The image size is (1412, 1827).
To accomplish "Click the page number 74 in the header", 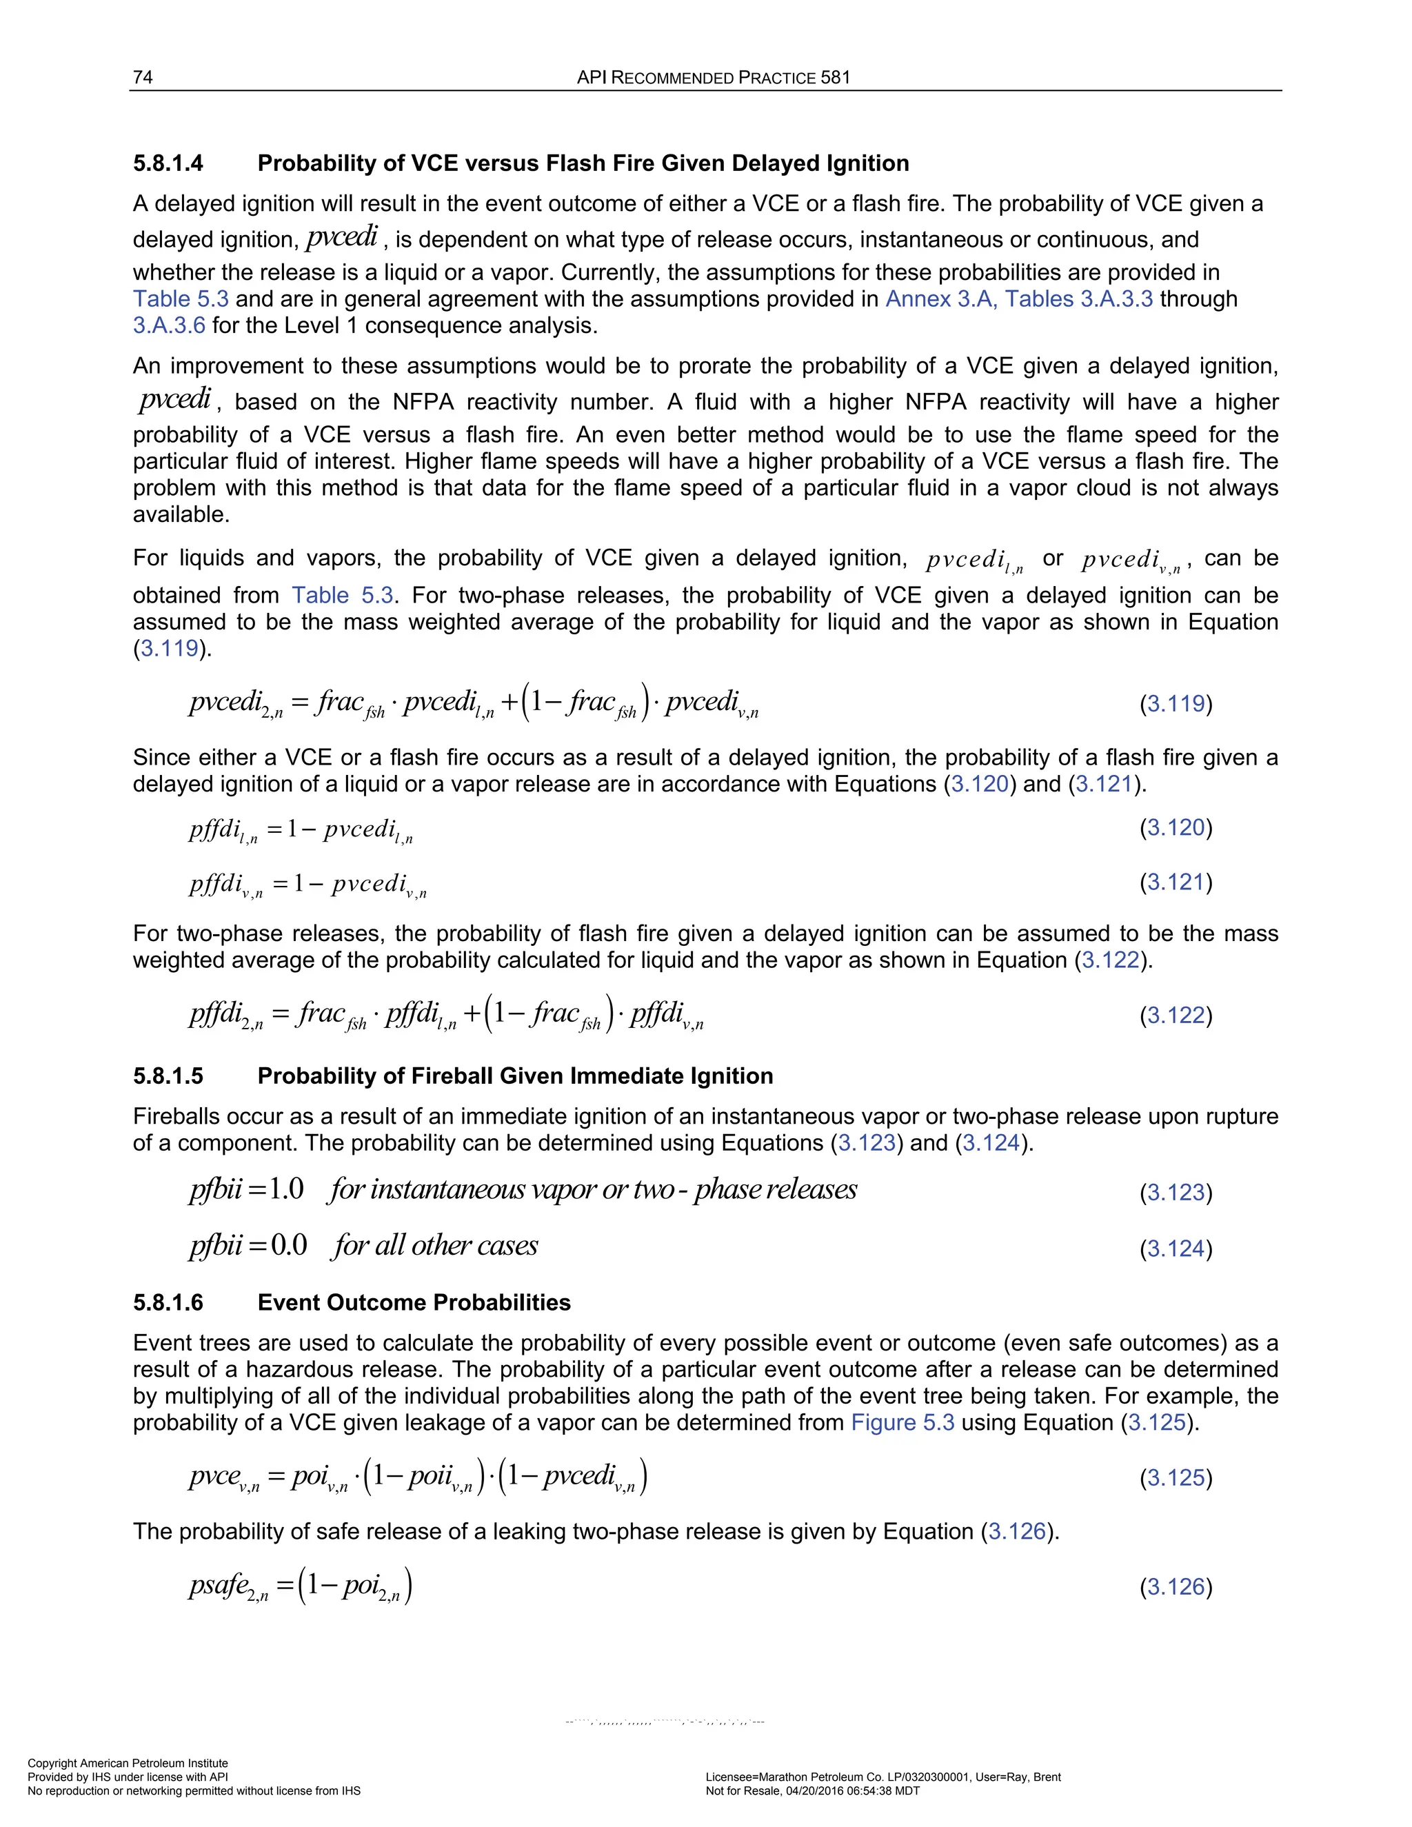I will [x=142, y=78].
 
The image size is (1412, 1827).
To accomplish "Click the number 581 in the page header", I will [x=835, y=78].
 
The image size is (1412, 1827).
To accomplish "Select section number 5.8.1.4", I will [x=168, y=163].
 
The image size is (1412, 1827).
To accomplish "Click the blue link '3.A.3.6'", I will [x=169, y=325].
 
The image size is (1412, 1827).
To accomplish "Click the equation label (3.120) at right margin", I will [x=1176, y=827].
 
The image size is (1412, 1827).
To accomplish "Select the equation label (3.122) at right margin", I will [x=1176, y=1015].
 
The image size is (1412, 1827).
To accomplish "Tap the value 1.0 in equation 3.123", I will [x=286, y=1189].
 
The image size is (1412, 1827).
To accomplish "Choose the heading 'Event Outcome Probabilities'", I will [x=414, y=1302].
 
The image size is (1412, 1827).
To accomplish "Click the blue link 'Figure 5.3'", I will [x=902, y=1422].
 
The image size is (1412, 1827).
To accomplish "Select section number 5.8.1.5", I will [x=168, y=1076].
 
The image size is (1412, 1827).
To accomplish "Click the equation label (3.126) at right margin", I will [x=1176, y=1587].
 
